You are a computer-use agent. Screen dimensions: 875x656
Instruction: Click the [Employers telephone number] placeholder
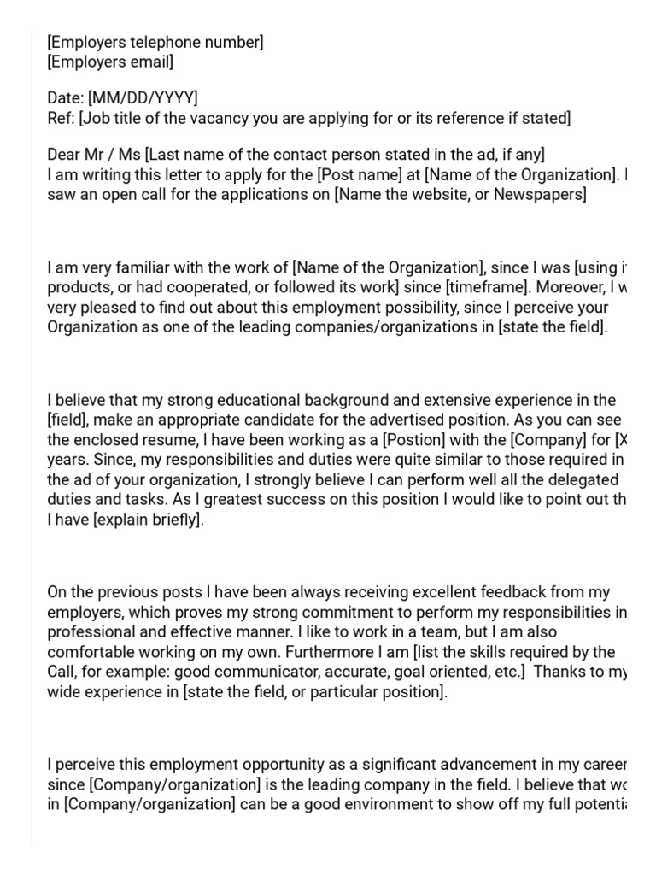click(x=155, y=43)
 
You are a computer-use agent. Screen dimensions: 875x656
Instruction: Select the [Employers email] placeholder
click(x=110, y=62)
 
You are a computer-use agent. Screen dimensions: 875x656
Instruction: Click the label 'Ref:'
click(x=61, y=118)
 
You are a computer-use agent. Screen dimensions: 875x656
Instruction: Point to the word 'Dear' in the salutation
click(x=65, y=155)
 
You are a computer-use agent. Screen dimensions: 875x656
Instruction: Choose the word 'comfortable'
click(x=89, y=651)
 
